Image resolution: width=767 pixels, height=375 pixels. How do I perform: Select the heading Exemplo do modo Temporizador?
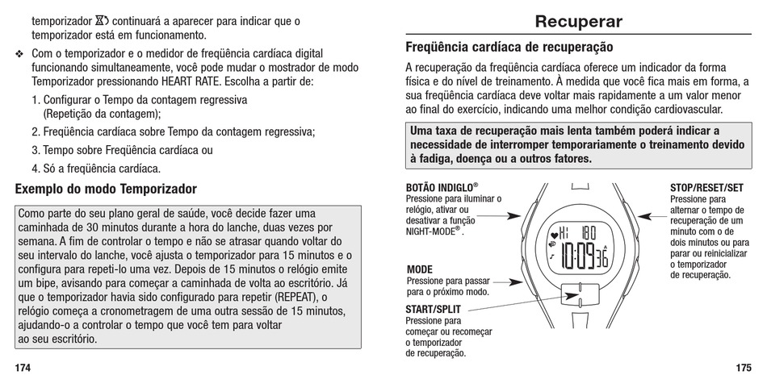pos(106,190)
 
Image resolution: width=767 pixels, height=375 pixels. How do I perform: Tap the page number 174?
pos(23,367)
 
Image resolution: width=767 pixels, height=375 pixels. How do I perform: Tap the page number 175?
pos(744,367)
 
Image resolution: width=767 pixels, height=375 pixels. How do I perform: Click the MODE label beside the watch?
pos(420,269)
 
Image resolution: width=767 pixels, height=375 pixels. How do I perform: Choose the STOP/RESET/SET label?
pos(706,188)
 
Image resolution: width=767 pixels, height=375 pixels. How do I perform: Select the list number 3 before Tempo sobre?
pos(36,150)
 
